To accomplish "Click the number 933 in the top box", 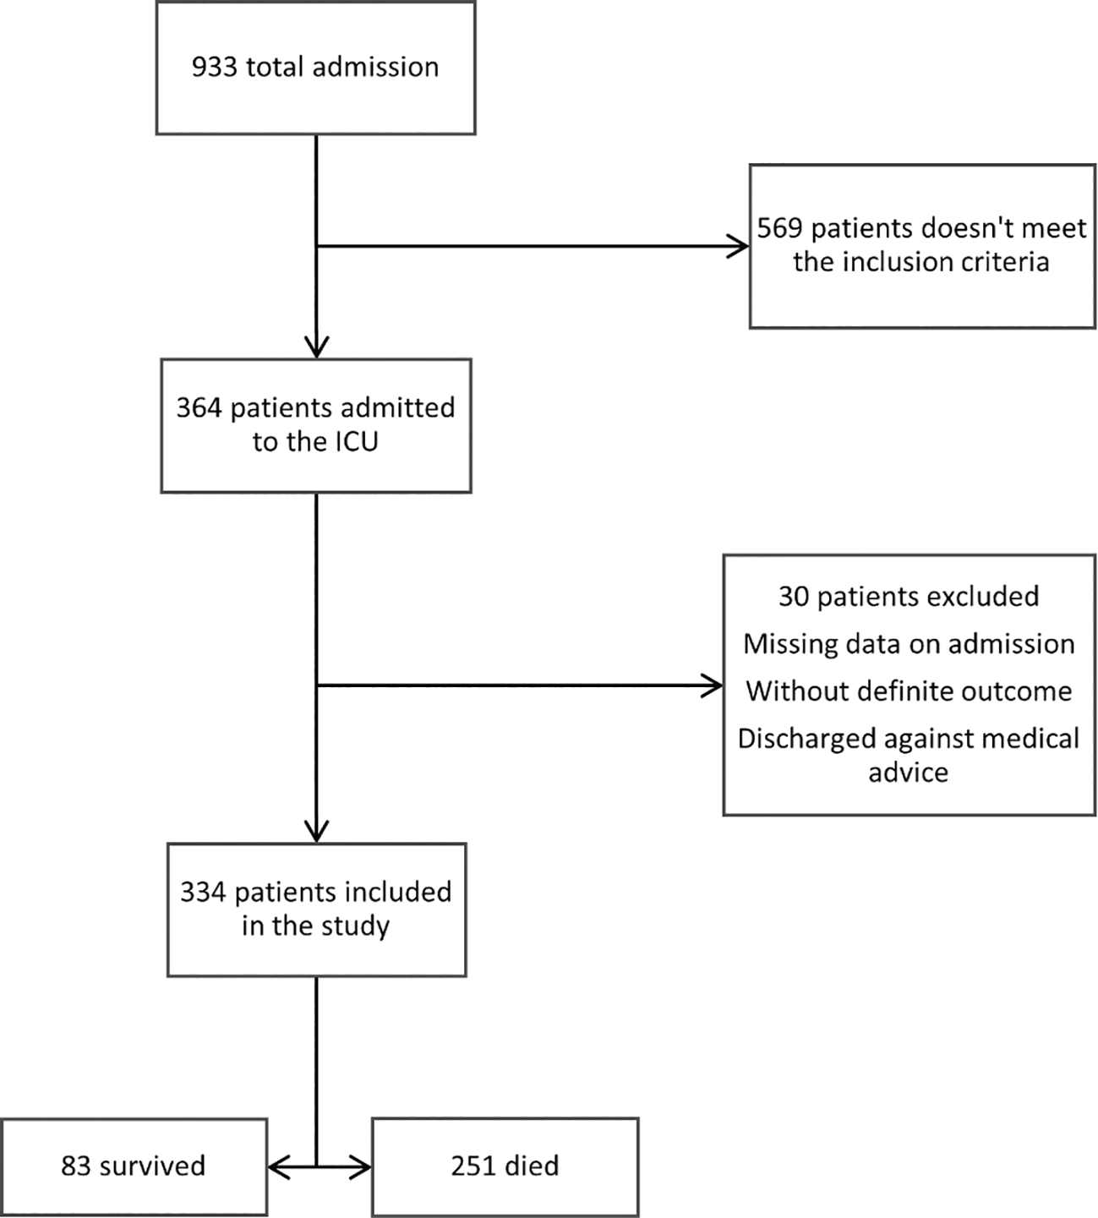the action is tap(215, 67).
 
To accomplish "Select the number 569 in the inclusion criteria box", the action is tap(780, 228).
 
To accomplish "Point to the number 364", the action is tap(199, 407).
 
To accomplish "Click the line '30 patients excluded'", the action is tap(909, 596).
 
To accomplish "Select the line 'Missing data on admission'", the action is tap(909, 643).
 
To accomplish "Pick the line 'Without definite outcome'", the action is tap(909, 691).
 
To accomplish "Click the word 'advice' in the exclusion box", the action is tap(908, 773).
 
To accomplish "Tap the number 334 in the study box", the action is tap(203, 892).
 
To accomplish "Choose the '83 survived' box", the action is tap(134, 1166).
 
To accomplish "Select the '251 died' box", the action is tap(505, 1166).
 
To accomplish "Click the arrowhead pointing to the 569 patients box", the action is tap(739, 247).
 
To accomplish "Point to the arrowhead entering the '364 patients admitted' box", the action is tap(316, 347).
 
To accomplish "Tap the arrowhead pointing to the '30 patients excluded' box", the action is tap(713, 685).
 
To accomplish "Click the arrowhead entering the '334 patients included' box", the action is tap(316, 831).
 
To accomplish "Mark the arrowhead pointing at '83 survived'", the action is tap(279, 1166).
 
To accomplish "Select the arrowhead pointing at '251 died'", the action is tap(361, 1166).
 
